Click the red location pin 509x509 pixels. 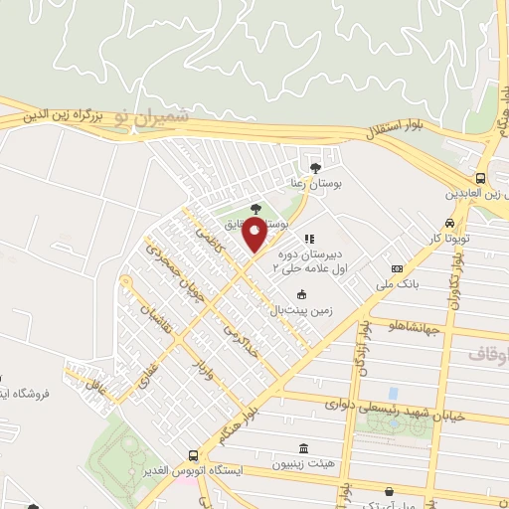[x=255, y=237]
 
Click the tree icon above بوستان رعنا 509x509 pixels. [x=315, y=167]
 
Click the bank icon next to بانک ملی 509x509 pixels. [x=398, y=268]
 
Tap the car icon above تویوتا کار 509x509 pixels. [x=451, y=223]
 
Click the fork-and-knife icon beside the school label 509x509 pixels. [x=310, y=240]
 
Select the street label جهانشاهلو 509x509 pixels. [x=416, y=325]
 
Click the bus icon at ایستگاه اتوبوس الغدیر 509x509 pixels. [x=193, y=454]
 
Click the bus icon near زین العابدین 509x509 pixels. [x=481, y=178]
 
